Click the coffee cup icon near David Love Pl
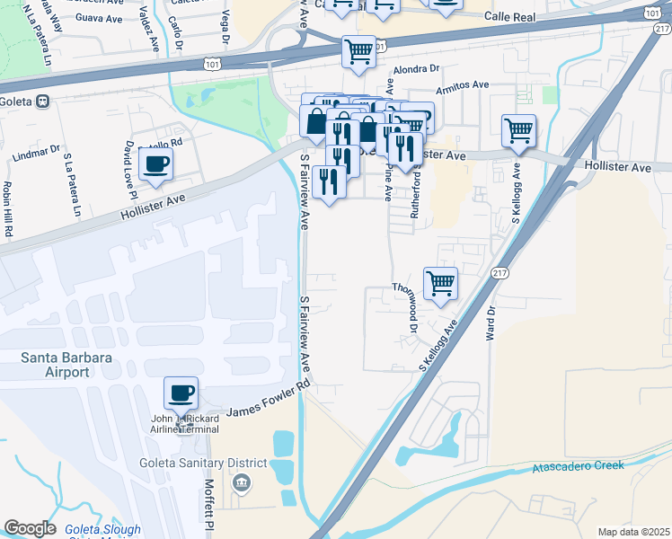point(155,164)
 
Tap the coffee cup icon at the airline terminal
point(181,393)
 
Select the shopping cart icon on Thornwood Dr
point(440,283)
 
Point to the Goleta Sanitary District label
point(203,463)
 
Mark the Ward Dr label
point(491,323)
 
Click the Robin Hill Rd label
point(8,209)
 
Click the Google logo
point(30,528)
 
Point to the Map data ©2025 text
point(633,532)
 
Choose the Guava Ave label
point(99,17)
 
